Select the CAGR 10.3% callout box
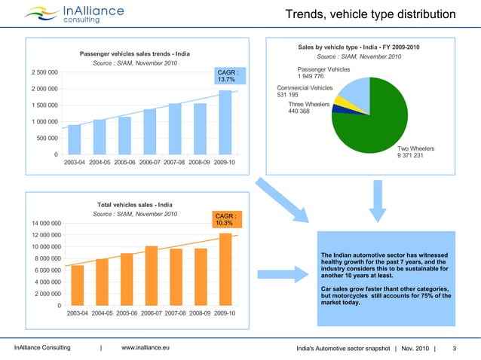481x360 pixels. (x=228, y=218)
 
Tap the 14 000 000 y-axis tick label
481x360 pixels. (x=41, y=223)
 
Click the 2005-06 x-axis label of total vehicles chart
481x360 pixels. (x=126, y=313)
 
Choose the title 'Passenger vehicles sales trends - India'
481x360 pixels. (x=135, y=53)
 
